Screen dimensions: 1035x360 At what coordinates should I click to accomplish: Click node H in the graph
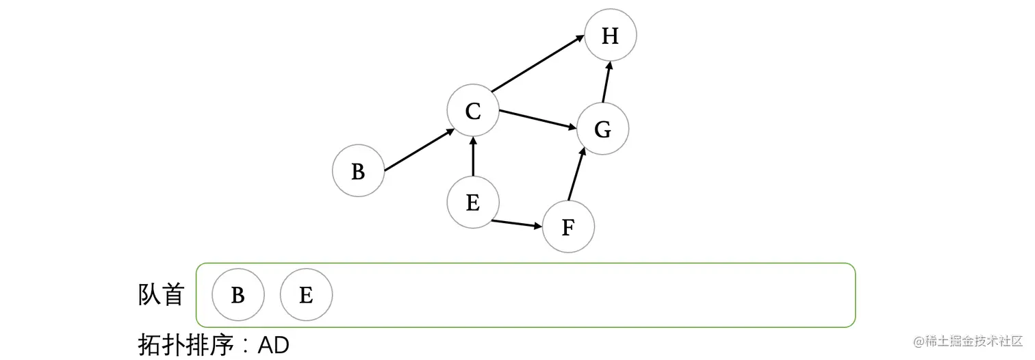pos(611,36)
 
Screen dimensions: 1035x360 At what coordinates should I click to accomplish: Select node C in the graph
pos(473,111)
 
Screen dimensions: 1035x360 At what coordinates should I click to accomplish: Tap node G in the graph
pos(602,129)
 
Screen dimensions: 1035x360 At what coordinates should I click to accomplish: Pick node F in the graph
pos(568,227)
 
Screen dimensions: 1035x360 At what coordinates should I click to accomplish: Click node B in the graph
pos(358,171)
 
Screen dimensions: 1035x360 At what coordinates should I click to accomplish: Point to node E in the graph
pos(473,203)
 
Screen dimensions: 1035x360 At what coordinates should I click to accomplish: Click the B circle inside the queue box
pos(238,295)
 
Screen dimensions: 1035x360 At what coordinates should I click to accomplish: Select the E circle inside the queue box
pos(306,295)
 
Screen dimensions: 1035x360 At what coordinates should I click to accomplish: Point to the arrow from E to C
pos(473,156)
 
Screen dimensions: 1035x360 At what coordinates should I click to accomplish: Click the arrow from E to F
pos(515,223)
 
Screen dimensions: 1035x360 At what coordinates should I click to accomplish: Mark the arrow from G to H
pos(606,81)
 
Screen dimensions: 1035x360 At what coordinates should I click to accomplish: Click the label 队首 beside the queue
pos(161,295)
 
